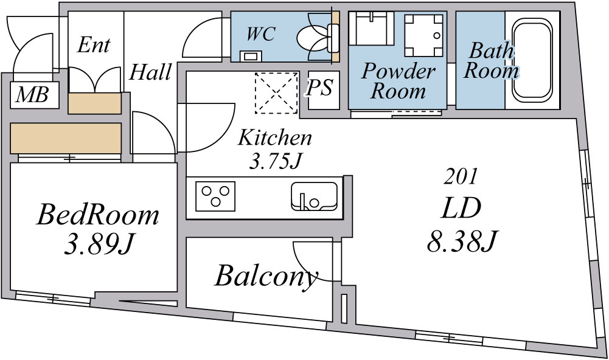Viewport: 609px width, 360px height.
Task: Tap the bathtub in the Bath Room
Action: [x=532, y=60]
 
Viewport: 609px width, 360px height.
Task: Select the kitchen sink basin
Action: [x=314, y=196]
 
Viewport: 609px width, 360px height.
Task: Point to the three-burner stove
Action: [x=215, y=196]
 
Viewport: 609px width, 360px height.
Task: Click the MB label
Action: [x=33, y=95]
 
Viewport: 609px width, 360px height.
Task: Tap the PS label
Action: [x=319, y=88]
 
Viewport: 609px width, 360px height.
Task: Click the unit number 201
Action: [x=461, y=177]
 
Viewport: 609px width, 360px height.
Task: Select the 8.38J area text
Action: [x=462, y=241]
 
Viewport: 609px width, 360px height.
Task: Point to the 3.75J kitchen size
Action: [x=275, y=162]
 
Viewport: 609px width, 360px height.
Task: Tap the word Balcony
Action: [x=266, y=277]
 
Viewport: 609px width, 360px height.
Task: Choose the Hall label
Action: [x=150, y=72]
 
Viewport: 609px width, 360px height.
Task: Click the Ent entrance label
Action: [x=94, y=45]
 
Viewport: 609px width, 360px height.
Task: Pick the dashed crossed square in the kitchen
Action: [x=277, y=93]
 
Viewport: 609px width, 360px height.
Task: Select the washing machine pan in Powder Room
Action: [x=423, y=35]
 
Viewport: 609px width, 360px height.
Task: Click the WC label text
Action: [x=261, y=34]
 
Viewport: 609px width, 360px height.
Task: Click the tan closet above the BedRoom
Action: [x=66, y=138]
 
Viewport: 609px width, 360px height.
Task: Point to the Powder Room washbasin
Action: [x=371, y=29]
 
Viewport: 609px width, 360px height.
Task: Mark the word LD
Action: [x=461, y=208]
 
